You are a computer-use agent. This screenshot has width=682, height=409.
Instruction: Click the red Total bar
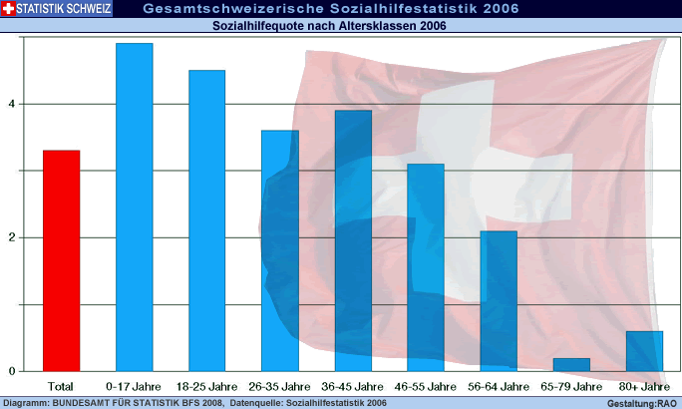point(61,260)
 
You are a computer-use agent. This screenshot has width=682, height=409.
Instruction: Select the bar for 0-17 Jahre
point(134,206)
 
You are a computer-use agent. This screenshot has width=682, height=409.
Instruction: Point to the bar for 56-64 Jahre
point(499,300)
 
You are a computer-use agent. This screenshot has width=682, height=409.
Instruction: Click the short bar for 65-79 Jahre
point(571,364)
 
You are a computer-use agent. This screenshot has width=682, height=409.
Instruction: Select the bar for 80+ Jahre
point(644,350)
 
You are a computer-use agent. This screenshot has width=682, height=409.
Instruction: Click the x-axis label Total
point(61,385)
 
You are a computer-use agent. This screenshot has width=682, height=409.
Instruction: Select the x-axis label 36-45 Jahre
point(352,385)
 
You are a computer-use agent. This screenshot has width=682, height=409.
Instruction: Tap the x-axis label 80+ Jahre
point(644,385)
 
